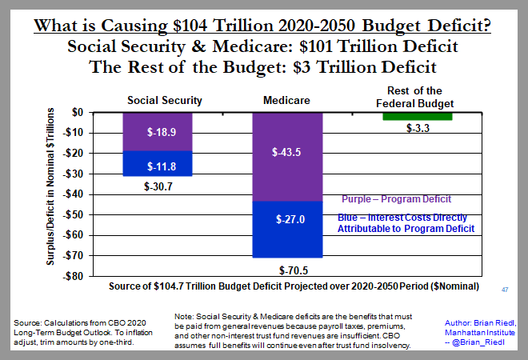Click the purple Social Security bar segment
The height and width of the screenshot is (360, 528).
(157, 132)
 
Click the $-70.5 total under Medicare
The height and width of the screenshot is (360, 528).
(287, 270)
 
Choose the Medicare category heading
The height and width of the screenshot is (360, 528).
(286, 101)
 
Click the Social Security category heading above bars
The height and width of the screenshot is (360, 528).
(165, 101)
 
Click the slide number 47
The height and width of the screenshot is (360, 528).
(505, 289)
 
